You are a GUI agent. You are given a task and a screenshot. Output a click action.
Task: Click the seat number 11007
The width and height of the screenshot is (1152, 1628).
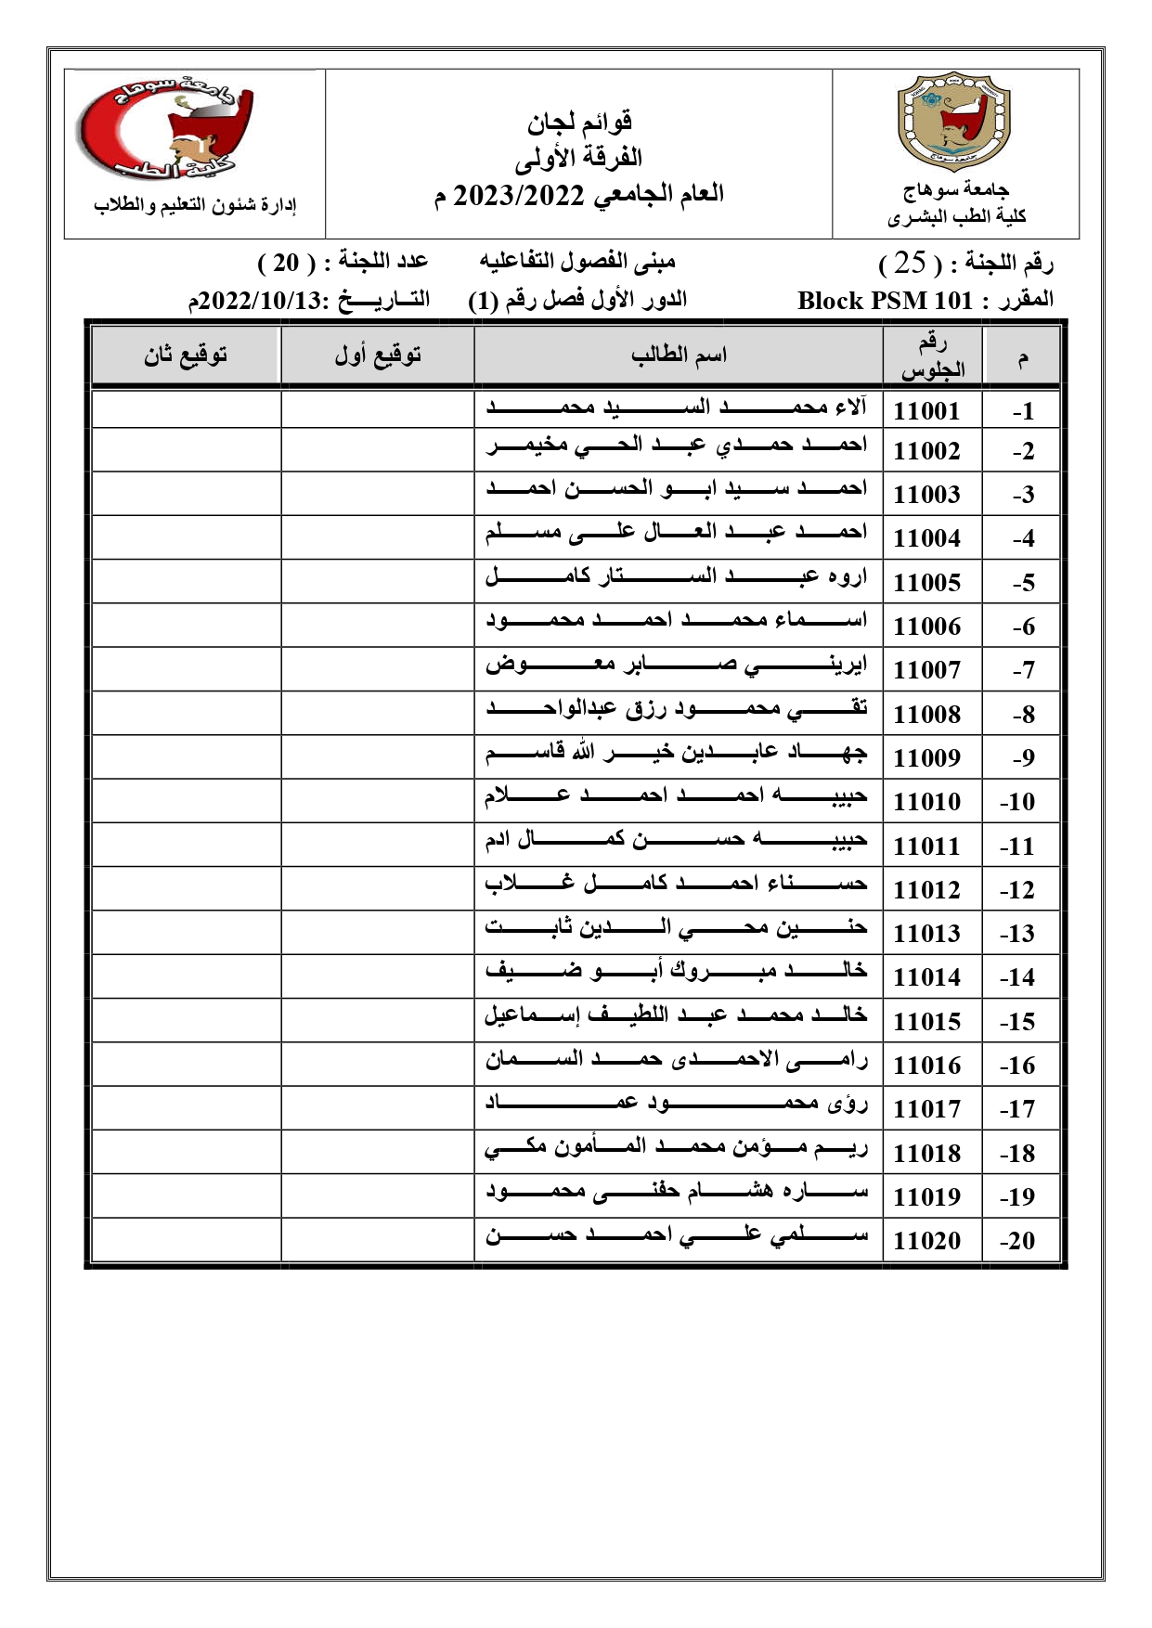[x=926, y=670]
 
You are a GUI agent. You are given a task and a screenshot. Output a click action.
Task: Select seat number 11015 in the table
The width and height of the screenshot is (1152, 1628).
[x=926, y=1022]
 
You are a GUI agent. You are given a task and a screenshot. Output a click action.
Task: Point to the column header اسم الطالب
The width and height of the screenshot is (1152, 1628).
[x=679, y=355]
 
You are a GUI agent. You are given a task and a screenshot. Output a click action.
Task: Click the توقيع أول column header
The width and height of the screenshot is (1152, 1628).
[x=377, y=355]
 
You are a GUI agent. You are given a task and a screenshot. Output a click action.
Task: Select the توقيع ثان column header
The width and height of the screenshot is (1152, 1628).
[x=186, y=355]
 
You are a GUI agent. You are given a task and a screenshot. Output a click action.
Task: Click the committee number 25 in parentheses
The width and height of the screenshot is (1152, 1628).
[x=910, y=264]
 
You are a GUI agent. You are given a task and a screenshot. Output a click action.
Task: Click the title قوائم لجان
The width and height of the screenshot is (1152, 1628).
[x=580, y=121]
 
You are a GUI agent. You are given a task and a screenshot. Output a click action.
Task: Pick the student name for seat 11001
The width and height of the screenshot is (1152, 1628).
[x=677, y=407]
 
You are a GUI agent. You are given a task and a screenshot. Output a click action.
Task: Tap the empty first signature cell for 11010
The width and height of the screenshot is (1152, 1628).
[x=377, y=800]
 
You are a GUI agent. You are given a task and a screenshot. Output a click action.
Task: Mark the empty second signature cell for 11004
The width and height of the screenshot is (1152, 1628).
[x=186, y=537]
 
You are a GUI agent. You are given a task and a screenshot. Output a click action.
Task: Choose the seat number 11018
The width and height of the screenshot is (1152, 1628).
[x=926, y=1154]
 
